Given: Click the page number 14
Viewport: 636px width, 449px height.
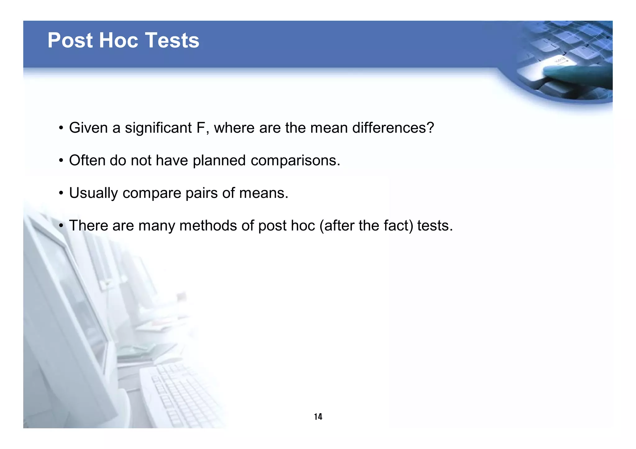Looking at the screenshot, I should (x=318, y=416).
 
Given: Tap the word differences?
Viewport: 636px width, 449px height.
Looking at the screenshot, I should (x=393, y=128).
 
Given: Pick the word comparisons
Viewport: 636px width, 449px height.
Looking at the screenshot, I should (x=295, y=161).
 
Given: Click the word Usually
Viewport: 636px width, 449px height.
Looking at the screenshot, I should (x=93, y=193).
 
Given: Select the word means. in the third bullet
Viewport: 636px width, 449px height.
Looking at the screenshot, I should (x=264, y=193).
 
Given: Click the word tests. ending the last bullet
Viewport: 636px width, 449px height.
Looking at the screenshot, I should (x=435, y=225).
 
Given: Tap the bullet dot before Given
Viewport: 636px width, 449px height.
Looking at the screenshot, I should (x=61, y=128).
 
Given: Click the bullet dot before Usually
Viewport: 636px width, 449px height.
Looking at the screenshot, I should (x=61, y=193).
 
